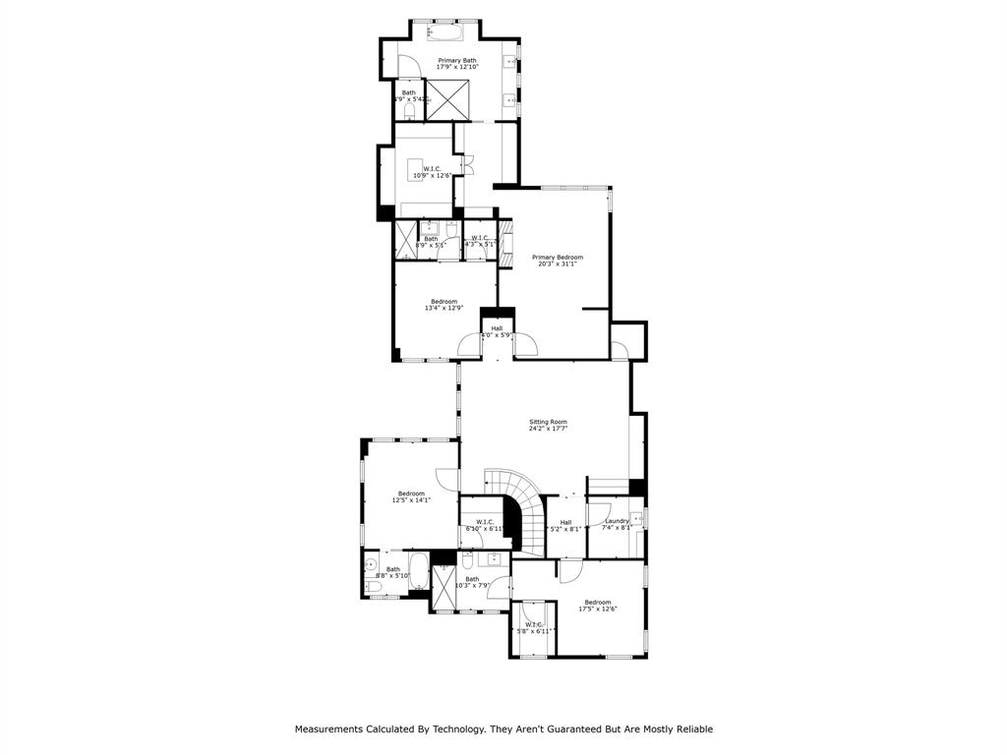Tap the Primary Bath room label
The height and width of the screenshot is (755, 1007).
457,61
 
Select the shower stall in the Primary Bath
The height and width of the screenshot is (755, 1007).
445,99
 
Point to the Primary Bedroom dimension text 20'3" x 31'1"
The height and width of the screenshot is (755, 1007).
558,263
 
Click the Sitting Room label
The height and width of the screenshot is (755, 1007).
547,423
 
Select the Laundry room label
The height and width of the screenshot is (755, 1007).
617,521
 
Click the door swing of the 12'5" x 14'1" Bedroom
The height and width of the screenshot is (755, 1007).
447,480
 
